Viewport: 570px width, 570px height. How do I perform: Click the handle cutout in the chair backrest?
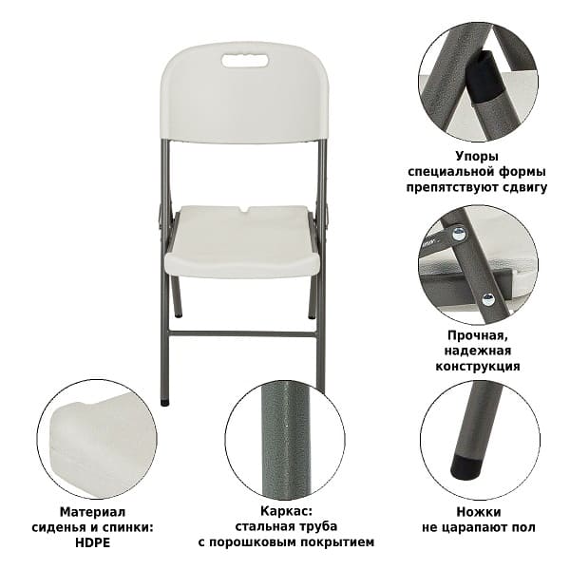point(245,61)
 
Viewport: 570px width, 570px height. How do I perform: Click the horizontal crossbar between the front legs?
point(243,333)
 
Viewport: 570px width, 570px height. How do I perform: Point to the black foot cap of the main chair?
point(164,403)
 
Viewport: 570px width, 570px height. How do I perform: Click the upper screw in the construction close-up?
point(459,234)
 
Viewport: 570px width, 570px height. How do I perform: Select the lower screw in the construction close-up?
point(488,299)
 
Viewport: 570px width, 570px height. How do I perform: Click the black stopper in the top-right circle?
point(484,80)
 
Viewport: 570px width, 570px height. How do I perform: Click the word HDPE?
point(92,542)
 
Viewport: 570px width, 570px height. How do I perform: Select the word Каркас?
point(286,511)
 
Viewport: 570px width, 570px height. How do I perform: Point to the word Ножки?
point(479,512)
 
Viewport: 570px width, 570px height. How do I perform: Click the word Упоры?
point(477,157)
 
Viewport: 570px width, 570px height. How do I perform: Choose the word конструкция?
point(478,366)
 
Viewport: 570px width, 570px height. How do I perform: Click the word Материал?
point(92,512)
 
